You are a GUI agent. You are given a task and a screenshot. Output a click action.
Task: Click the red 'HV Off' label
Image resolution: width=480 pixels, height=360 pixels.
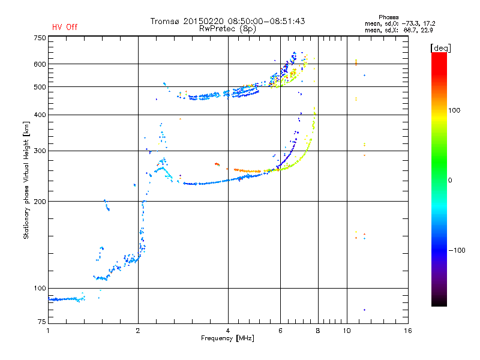click(x=65, y=27)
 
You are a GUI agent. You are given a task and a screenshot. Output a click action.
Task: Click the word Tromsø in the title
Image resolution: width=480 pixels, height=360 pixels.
click(x=165, y=21)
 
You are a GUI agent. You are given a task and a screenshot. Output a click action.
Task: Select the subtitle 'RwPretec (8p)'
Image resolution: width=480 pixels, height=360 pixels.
click(x=227, y=28)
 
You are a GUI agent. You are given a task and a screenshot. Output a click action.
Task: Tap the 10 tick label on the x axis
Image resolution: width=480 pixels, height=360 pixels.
click(x=346, y=331)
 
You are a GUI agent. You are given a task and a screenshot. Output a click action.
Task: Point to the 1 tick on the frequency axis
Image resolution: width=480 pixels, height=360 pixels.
click(x=48, y=331)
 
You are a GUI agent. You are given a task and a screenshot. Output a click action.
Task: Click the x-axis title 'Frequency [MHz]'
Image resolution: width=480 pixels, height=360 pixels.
click(x=227, y=338)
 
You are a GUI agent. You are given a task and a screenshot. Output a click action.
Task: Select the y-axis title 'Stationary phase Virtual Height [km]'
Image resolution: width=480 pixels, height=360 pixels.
click(x=26, y=180)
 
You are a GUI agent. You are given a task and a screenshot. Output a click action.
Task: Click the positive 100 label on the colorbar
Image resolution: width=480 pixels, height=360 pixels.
click(x=455, y=110)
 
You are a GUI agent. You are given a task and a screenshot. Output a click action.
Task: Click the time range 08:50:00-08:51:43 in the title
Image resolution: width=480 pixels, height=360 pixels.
click(x=263, y=21)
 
